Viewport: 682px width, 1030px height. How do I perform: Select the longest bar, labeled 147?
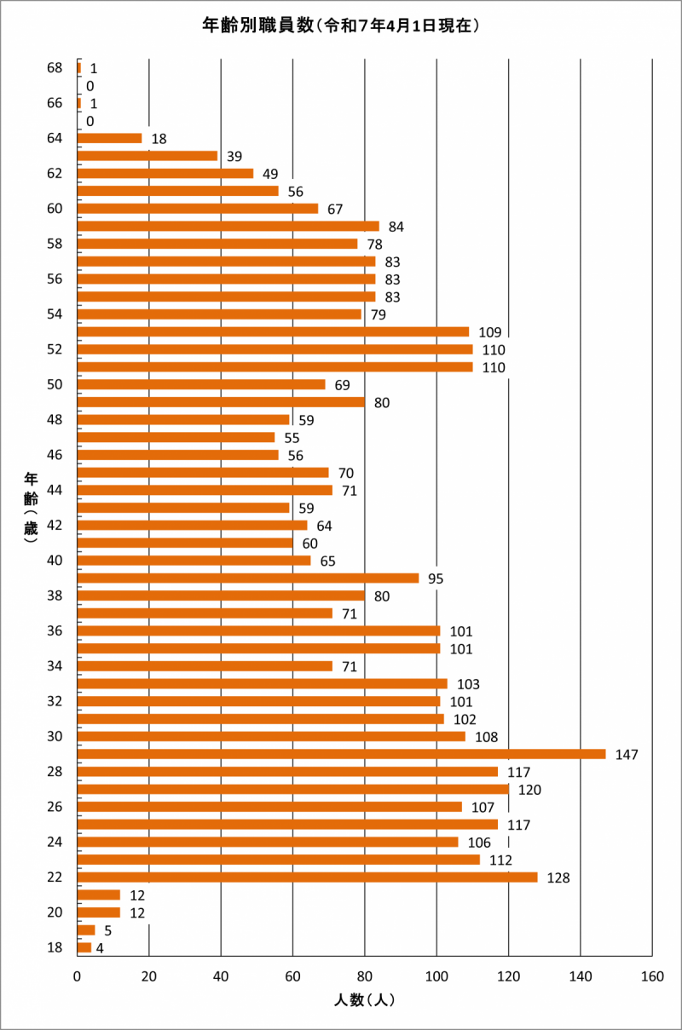point(341,754)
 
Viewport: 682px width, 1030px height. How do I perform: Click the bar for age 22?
point(307,877)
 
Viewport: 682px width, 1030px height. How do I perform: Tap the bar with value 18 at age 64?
point(109,138)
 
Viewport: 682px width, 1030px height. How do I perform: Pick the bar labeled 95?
point(247,578)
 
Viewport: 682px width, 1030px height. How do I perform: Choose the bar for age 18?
point(84,947)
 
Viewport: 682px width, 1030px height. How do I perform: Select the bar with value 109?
point(273,331)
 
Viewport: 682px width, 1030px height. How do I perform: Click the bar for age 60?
point(197,209)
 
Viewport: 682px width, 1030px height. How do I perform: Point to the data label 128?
point(558,878)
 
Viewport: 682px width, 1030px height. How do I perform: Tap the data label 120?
point(530,790)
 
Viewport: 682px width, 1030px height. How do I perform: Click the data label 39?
point(234,156)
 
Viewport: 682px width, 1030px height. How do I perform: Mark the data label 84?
point(396,227)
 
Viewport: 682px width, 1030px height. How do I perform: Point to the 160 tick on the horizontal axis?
point(652,975)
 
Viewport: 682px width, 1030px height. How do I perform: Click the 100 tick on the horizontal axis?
point(436,975)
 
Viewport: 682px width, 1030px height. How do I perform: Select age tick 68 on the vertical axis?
point(55,67)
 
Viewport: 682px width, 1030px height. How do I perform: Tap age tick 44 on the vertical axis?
point(55,490)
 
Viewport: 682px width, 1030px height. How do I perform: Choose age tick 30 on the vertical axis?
point(55,736)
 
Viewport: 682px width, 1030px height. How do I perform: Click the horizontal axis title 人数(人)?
point(364,1000)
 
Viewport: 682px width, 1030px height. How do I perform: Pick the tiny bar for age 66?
point(78,103)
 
